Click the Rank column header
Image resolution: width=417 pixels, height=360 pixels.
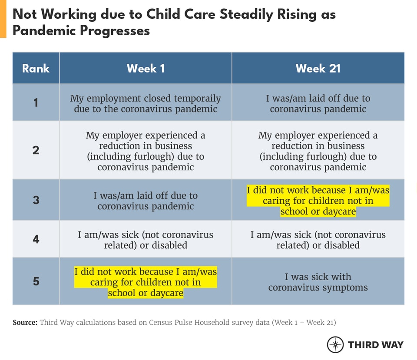(x=36, y=69)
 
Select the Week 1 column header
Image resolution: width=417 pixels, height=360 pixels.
(x=146, y=69)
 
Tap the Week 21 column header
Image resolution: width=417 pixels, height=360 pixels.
(x=318, y=69)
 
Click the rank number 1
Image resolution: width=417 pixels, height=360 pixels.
(x=36, y=103)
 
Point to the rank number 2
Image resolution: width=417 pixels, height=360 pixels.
(x=36, y=150)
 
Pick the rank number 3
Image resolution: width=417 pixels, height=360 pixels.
(x=36, y=200)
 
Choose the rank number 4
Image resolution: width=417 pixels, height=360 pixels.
(x=36, y=239)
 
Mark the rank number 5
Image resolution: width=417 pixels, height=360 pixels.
(x=36, y=281)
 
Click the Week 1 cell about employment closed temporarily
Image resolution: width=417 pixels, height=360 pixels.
(x=146, y=103)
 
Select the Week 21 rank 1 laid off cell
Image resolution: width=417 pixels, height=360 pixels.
(x=318, y=103)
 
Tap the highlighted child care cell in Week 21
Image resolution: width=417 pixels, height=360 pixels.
(x=318, y=201)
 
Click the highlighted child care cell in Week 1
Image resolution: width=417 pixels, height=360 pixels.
(x=146, y=282)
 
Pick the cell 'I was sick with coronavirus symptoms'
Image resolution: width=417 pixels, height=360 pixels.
(x=318, y=282)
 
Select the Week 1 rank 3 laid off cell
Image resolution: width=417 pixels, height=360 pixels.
(x=146, y=201)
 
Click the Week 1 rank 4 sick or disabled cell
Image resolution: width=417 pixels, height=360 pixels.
(x=146, y=240)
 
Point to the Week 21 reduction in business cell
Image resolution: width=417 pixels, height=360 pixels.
(x=318, y=151)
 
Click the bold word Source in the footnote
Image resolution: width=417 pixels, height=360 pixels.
(x=25, y=323)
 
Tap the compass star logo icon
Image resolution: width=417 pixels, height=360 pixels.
(x=335, y=344)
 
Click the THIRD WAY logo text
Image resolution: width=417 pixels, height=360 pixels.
(x=375, y=345)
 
